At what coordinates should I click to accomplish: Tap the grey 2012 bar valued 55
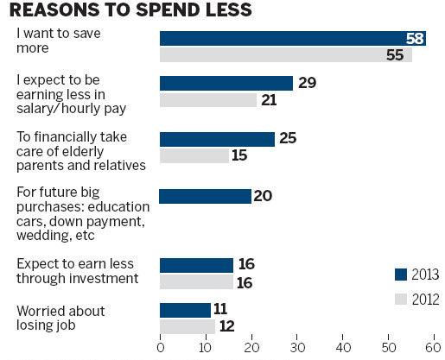[x=285, y=54]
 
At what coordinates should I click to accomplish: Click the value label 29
[x=307, y=84]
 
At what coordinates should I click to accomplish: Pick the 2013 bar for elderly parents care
[x=217, y=139]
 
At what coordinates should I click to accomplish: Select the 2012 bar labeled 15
[x=194, y=155]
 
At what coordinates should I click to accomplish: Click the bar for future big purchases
[x=206, y=196]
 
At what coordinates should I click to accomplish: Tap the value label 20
[x=264, y=196]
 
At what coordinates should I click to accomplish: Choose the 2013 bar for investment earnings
[x=196, y=265]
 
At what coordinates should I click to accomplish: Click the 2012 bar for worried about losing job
[x=187, y=325]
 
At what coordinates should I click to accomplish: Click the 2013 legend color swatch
[x=400, y=275]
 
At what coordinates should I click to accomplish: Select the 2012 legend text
[x=425, y=300]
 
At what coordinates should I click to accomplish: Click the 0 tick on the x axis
[x=161, y=348]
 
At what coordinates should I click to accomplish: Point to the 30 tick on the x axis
[x=297, y=348]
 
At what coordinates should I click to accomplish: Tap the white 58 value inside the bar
[x=415, y=38]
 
